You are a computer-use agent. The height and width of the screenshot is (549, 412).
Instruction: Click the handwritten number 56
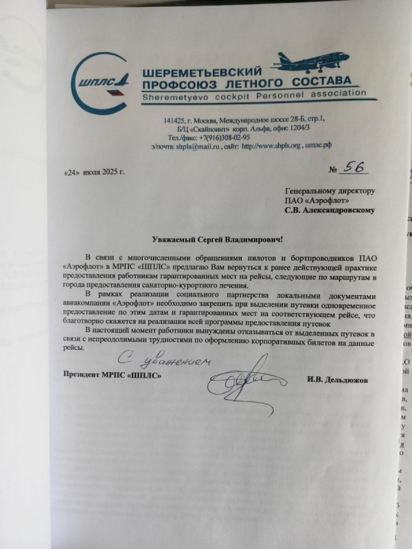tap(354, 168)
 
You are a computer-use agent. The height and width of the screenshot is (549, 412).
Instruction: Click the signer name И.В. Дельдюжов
tap(343, 378)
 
